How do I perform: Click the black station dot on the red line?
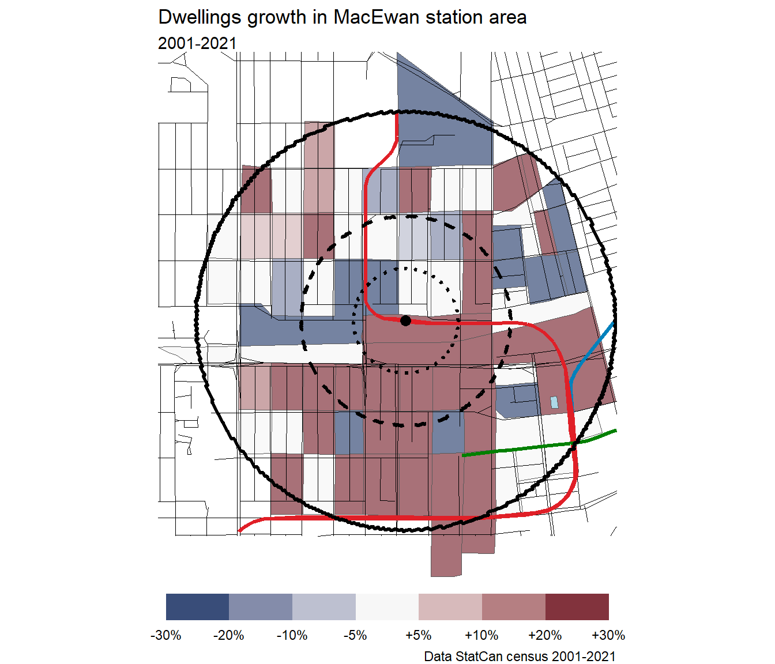click(405, 320)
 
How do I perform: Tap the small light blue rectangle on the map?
click(554, 402)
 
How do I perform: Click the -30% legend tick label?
click(166, 635)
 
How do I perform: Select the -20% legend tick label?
click(229, 635)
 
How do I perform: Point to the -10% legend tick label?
click(292, 635)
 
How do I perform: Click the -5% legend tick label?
click(355, 635)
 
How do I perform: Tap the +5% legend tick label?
click(419, 635)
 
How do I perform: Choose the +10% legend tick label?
click(481, 635)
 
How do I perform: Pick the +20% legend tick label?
click(545, 635)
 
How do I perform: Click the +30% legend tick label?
click(608, 635)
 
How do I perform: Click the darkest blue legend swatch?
click(197, 607)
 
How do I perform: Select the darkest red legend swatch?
click(577, 607)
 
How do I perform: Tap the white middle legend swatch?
click(387, 607)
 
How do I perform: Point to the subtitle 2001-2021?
click(197, 43)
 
